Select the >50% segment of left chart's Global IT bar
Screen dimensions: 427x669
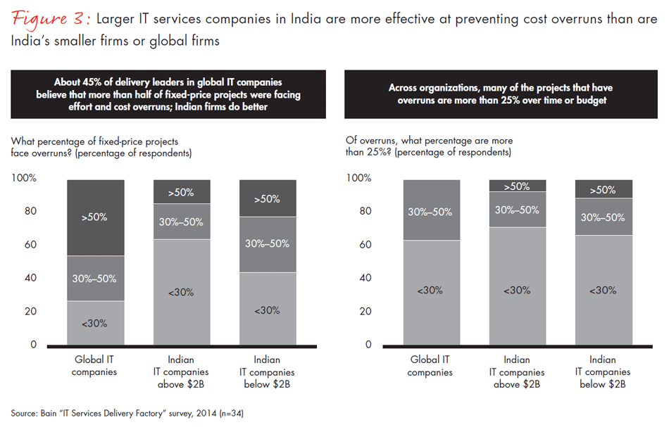(x=94, y=217)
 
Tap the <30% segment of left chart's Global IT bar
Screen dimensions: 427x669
(x=94, y=323)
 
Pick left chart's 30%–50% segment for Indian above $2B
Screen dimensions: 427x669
(x=181, y=222)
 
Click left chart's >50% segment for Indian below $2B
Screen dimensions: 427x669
(x=268, y=198)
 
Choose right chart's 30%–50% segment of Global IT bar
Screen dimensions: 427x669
(x=430, y=210)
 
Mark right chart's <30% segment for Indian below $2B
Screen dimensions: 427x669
(x=603, y=290)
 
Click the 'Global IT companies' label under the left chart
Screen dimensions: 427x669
(x=94, y=366)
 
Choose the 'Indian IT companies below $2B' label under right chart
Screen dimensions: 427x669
(x=603, y=372)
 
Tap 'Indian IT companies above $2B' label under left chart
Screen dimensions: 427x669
(x=181, y=372)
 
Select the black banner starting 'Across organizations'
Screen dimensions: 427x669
(x=500, y=94)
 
